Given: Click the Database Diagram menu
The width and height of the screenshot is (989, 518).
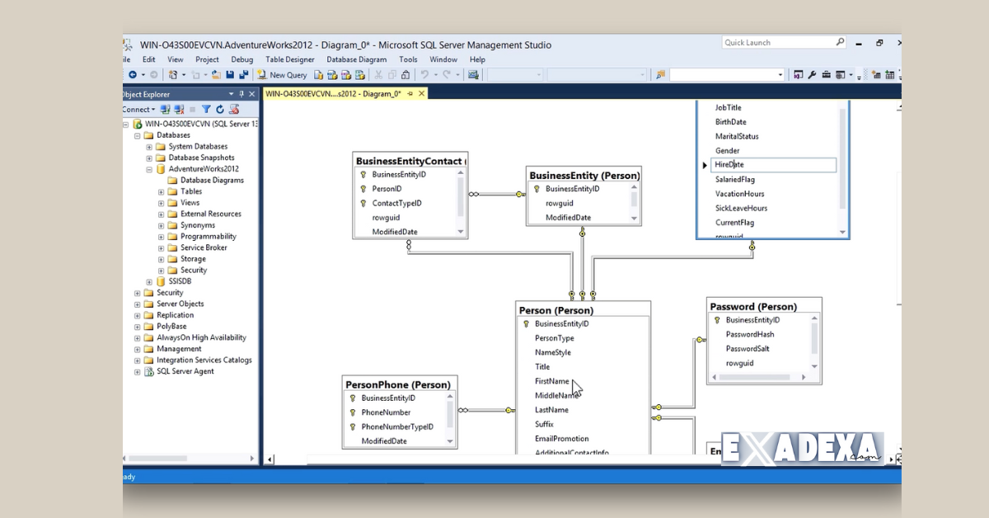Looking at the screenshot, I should coord(356,59).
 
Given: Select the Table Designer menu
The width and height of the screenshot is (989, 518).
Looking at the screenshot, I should coord(290,59).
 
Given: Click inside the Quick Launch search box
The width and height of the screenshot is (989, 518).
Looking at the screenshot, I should coord(778,43).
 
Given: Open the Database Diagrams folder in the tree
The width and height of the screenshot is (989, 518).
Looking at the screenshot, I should coord(212,180).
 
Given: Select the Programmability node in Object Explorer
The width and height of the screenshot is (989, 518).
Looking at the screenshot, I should coord(208,237).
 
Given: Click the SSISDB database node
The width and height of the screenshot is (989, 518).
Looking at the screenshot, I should coord(180,281).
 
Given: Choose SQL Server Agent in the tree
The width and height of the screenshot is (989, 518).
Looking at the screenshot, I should coord(185,371).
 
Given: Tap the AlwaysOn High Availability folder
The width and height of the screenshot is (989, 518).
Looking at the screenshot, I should coord(201,337).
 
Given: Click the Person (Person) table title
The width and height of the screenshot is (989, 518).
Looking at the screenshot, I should coord(555,311).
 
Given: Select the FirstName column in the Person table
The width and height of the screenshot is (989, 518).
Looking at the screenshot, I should coord(551,381).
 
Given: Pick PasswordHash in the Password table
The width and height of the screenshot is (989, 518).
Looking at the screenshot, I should coord(749,334).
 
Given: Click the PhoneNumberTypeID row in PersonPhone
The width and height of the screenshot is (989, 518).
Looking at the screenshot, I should coord(396,426).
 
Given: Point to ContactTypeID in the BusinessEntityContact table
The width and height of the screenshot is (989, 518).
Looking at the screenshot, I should coord(396,203).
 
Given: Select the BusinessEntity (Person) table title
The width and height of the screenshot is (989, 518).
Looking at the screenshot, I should coord(584,176).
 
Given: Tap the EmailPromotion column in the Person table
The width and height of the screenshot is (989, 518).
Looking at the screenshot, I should coord(561,439).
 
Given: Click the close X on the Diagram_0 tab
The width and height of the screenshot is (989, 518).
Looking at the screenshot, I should coord(422,94).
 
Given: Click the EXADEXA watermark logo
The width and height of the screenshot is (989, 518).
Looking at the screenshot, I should coord(802,450).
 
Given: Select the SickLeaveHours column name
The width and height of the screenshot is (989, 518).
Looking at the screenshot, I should coord(741,208).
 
